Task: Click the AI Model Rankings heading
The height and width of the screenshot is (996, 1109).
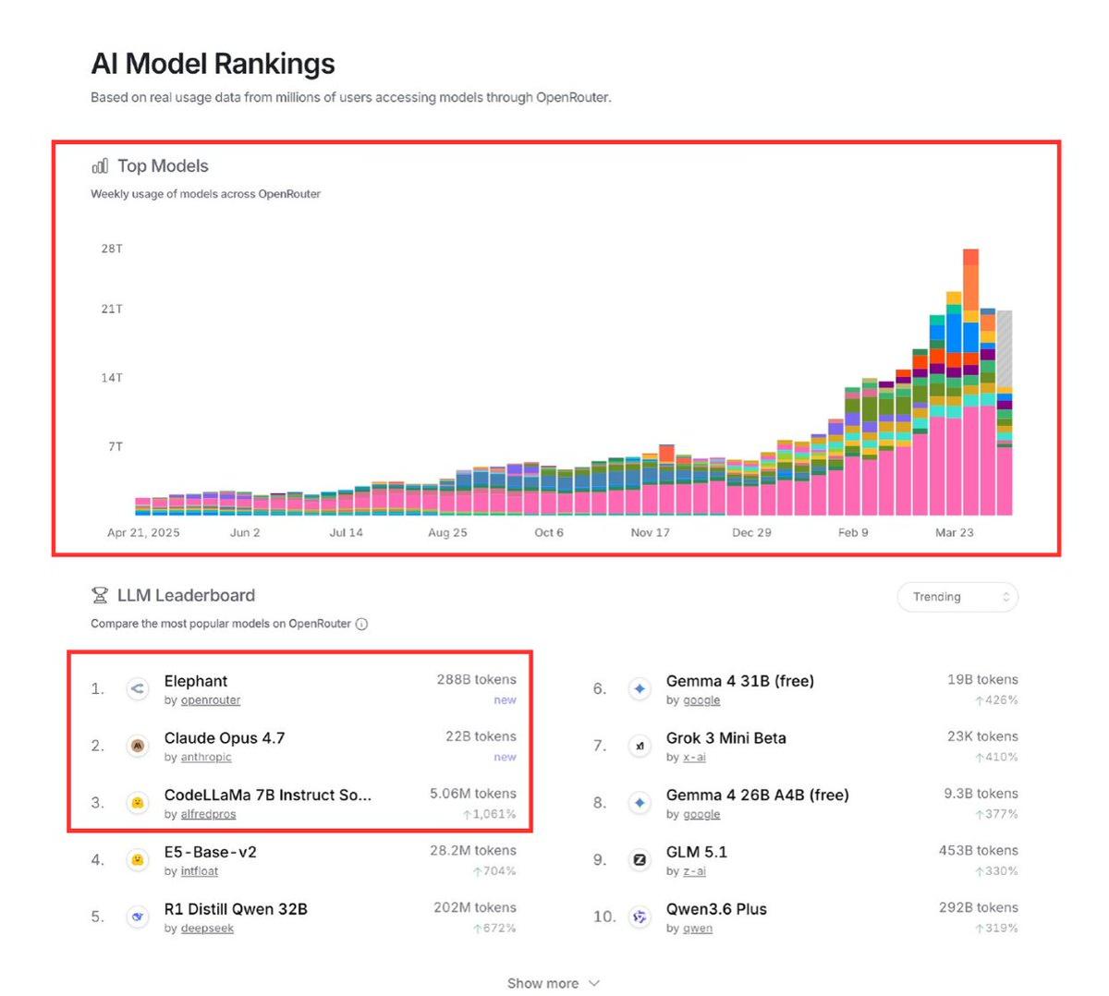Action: pyautogui.click(x=213, y=64)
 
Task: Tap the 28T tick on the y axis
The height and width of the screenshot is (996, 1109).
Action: pyautogui.click(x=112, y=249)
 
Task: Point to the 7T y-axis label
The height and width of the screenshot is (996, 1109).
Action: pyautogui.click(x=116, y=446)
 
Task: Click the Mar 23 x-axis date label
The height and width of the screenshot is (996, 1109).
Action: pyautogui.click(x=954, y=532)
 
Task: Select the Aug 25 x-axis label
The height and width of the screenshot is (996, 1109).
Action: pyautogui.click(x=447, y=532)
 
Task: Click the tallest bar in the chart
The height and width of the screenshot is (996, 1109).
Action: pyautogui.click(x=970, y=379)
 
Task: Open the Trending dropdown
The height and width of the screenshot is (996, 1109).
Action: pyautogui.click(x=957, y=597)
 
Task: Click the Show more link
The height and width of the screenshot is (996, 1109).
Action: pyautogui.click(x=553, y=983)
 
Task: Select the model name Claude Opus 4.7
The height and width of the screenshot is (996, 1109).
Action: pyautogui.click(x=225, y=737)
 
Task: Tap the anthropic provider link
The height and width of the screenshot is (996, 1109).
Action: pyautogui.click(x=206, y=757)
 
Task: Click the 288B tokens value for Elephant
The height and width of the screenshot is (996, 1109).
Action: pyautogui.click(x=476, y=679)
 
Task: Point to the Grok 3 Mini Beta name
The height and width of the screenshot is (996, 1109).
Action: pyautogui.click(x=725, y=737)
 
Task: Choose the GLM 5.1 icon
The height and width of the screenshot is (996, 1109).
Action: pyautogui.click(x=640, y=859)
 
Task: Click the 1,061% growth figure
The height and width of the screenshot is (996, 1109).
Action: pyautogui.click(x=494, y=814)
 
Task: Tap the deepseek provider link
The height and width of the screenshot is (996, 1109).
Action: pyautogui.click(x=207, y=928)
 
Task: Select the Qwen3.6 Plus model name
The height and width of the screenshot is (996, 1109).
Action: pyautogui.click(x=716, y=908)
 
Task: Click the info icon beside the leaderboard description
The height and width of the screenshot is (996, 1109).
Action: pyautogui.click(x=361, y=624)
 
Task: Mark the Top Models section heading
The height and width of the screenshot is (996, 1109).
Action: pyautogui.click(x=163, y=166)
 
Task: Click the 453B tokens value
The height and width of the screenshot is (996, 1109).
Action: pyautogui.click(x=978, y=850)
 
